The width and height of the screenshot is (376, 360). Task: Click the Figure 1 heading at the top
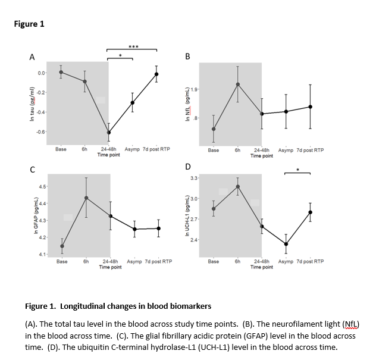[x=29, y=24]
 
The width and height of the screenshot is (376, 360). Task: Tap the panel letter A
[x=32, y=57]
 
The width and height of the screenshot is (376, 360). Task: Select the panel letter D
[x=188, y=166]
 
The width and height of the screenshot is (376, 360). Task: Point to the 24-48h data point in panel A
[x=109, y=132]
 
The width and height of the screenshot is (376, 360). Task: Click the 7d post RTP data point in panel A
[x=156, y=74]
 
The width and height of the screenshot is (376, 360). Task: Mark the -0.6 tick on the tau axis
[x=40, y=132]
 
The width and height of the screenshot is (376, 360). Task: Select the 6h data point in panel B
[x=237, y=84]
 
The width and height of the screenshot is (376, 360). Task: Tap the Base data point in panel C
[x=62, y=246]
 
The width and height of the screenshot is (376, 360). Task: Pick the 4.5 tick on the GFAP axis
[x=42, y=186]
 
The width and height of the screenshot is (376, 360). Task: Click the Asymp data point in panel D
[x=286, y=244]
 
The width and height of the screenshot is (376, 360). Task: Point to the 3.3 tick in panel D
[x=194, y=179]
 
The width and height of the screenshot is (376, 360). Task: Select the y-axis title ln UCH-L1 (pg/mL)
[x=187, y=217]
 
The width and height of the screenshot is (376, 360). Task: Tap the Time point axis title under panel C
[x=110, y=267]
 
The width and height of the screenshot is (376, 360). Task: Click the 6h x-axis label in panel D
[x=237, y=261]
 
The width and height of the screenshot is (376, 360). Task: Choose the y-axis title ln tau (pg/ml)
[x=32, y=102]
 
